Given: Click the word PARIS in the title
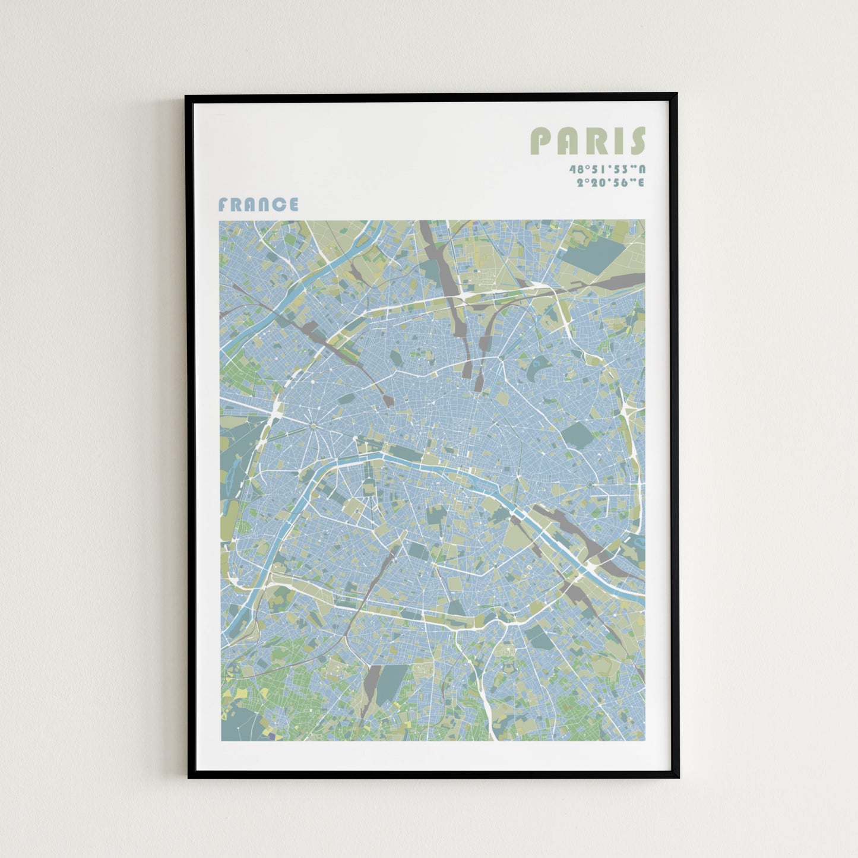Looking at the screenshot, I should coord(587,141).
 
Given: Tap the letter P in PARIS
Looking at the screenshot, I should coord(541,141).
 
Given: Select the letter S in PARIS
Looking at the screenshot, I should coord(638,141).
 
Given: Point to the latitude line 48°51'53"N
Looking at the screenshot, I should coord(606,169).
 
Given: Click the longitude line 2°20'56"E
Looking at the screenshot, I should coord(610,183).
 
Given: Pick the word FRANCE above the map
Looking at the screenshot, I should coord(258,205).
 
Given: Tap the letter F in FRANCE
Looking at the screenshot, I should coord(223,205).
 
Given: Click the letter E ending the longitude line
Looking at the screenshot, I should coord(640,183).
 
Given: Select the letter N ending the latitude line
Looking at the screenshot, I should coord(641,169).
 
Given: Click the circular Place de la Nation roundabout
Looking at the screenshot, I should coord(590,485).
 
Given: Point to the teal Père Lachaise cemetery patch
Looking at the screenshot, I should coord(577,435).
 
